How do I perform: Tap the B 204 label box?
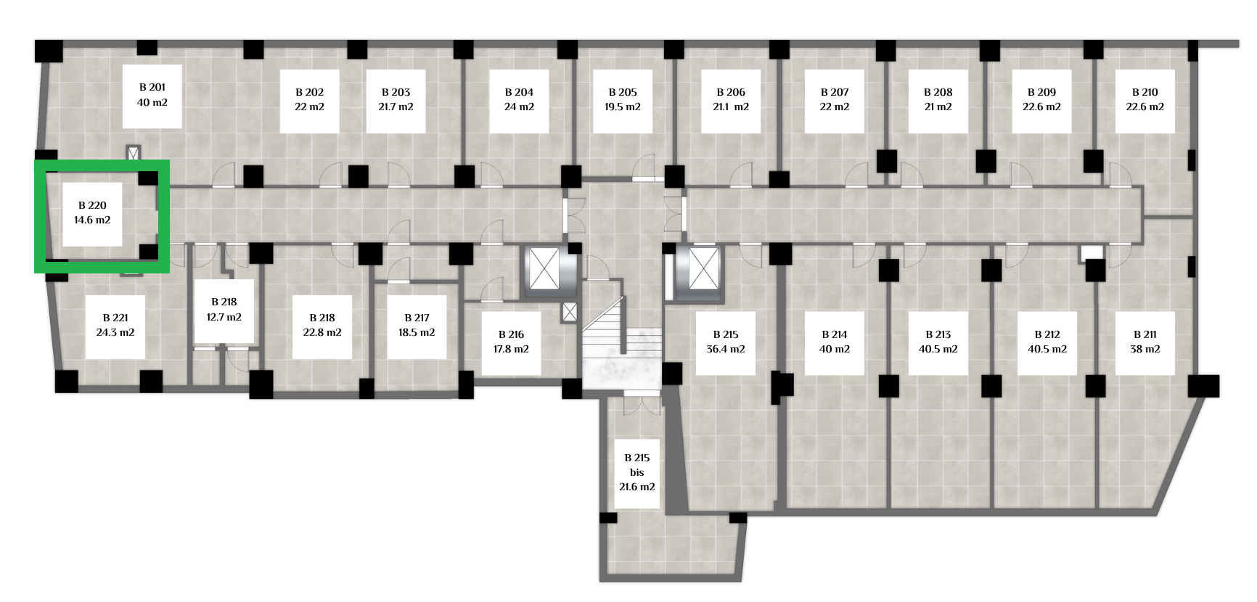(519, 101)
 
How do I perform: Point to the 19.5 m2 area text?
(623, 107)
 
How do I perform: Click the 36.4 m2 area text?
(726, 349)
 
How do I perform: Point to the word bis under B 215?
(637, 472)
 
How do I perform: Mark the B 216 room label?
(512, 343)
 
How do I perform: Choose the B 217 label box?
(417, 326)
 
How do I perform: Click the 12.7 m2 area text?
(224, 317)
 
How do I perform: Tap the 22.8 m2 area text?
(322, 332)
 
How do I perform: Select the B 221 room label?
(115, 326)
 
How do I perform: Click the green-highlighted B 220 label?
(92, 214)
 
